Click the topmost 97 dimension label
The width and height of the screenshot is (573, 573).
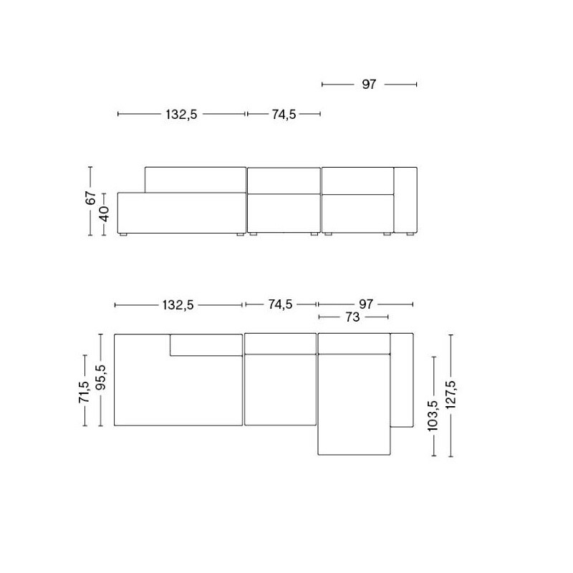[369, 85]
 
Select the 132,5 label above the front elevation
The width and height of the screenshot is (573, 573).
[181, 114]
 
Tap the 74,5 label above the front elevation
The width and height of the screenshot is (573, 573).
[283, 114]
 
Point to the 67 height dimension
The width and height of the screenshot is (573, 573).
[90, 199]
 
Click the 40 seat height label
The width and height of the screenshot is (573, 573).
[105, 213]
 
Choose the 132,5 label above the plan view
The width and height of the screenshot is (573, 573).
[178, 304]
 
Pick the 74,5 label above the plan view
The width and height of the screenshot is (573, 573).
[280, 304]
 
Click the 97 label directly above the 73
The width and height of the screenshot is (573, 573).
[366, 304]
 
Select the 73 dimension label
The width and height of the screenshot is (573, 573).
[352, 317]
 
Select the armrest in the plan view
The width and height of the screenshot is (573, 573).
[401, 379]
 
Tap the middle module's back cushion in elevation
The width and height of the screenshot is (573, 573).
[284, 180]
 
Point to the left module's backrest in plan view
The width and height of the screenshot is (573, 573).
[206, 345]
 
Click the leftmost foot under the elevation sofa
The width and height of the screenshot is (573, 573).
[123, 234]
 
